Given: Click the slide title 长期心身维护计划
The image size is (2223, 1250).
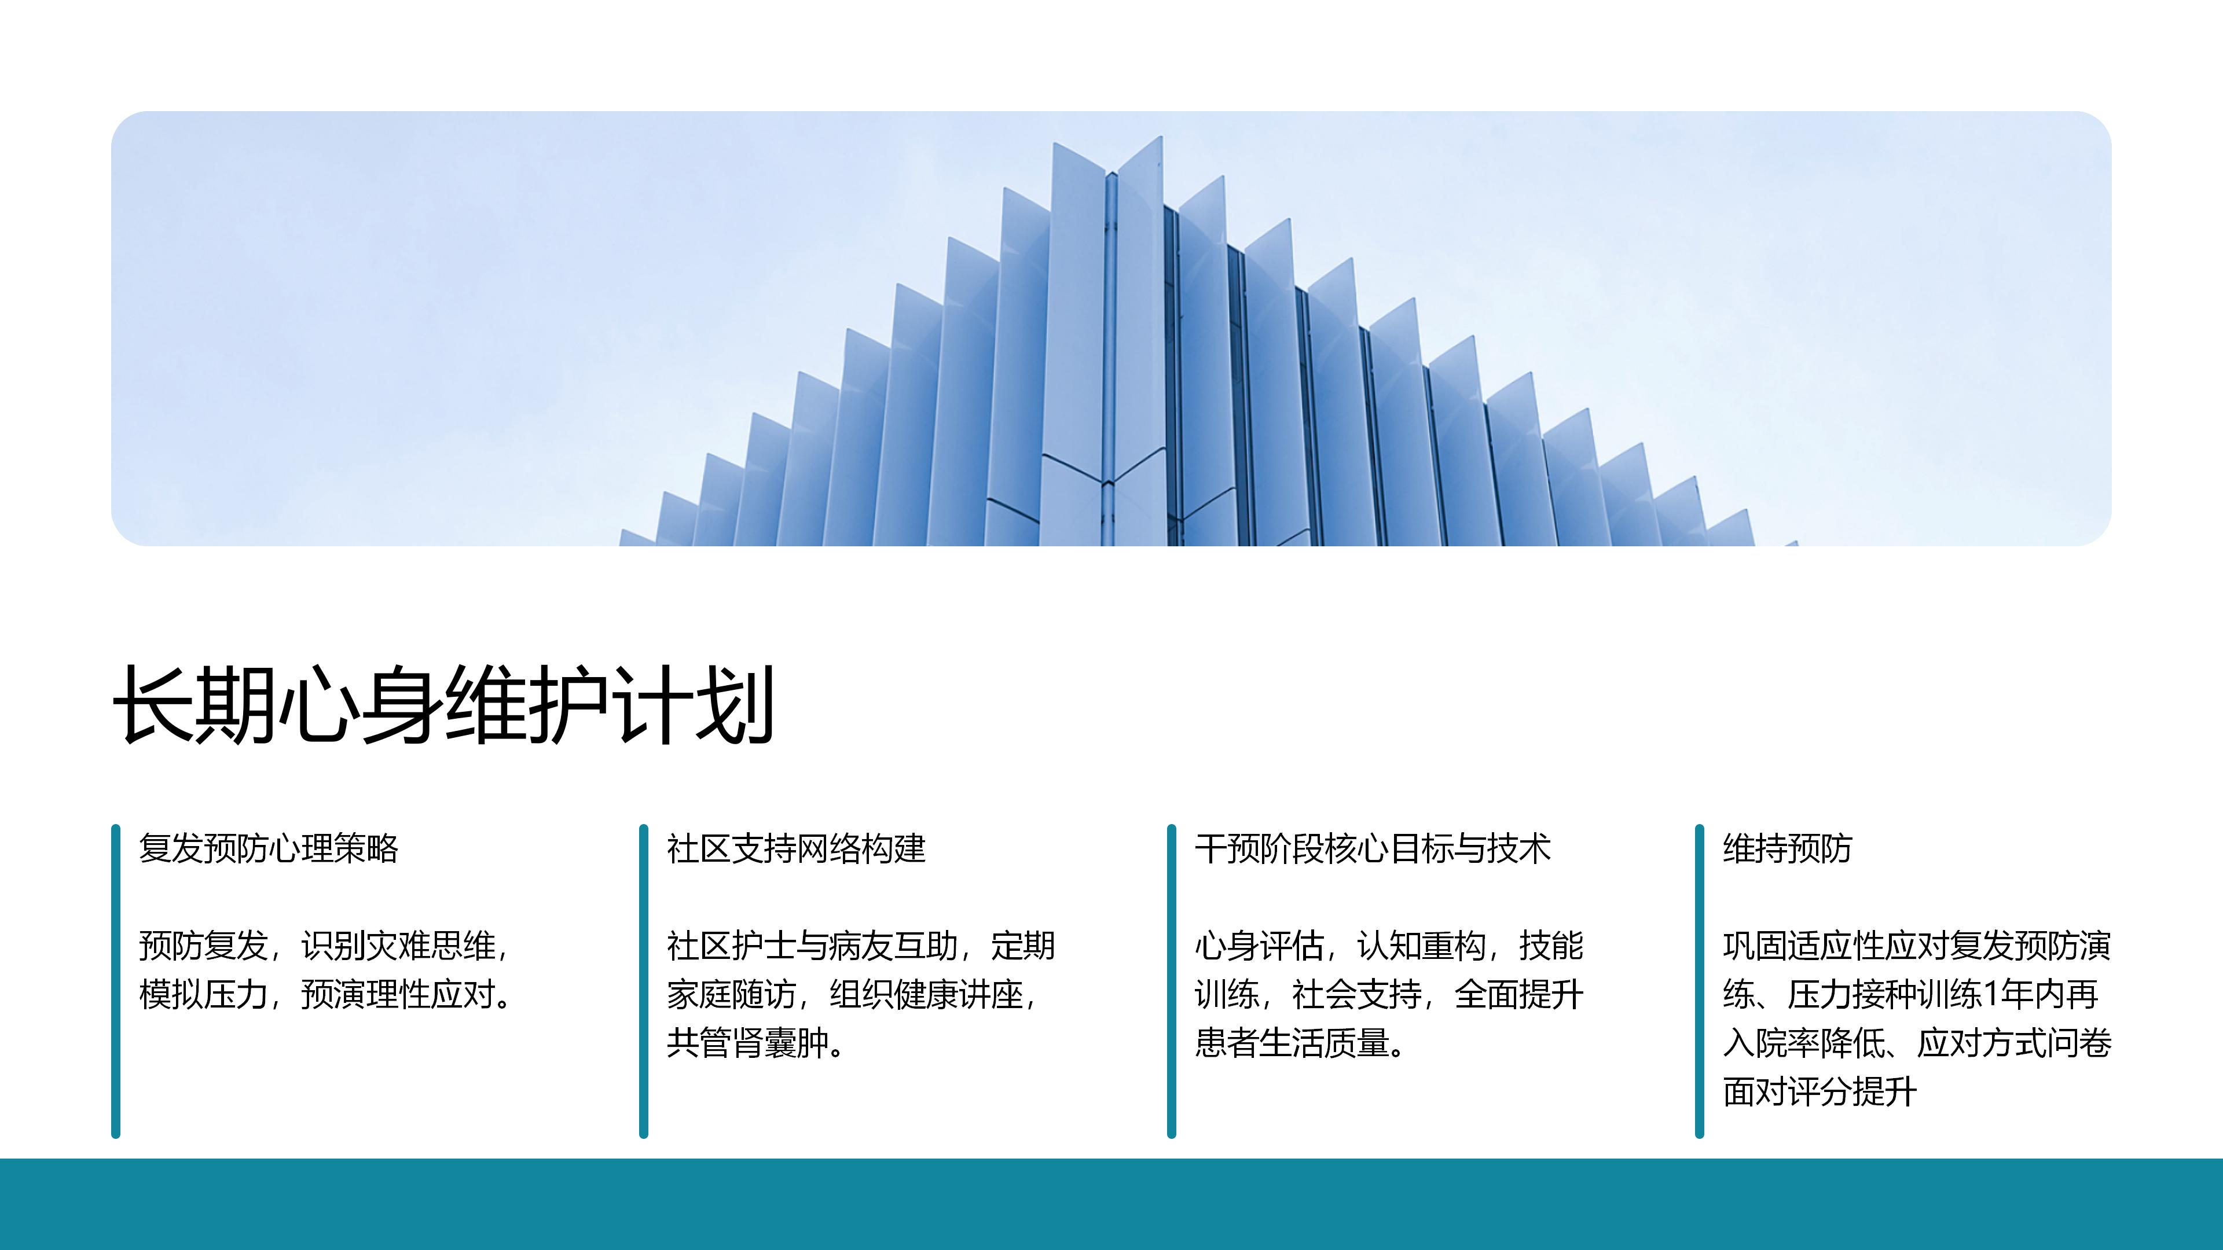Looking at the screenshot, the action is (443, 705).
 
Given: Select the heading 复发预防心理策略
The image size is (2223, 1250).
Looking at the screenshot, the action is (269, 849).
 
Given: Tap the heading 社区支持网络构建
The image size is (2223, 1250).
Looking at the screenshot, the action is (795, 849).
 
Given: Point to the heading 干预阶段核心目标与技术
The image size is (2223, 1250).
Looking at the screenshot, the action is (1372, 849).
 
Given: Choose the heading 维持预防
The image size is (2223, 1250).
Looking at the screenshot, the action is (1787, 849).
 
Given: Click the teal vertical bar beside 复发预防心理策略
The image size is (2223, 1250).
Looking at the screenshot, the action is (116, 981).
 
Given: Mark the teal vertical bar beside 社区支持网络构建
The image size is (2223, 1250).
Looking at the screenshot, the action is (643, 981).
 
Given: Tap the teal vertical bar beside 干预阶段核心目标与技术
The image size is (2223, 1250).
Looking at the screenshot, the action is (1171, 981).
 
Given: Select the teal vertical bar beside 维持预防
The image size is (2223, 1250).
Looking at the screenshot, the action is (1699, 981).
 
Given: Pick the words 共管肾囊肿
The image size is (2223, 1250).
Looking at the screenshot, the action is (747, 1043).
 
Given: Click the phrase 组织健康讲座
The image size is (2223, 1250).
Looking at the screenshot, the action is (926, 995).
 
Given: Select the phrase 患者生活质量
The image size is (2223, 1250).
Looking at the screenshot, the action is (1292, 1043).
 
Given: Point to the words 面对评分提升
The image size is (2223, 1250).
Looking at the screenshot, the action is (1820, 1092).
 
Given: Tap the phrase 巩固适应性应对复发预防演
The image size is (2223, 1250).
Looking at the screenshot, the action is (1917, 946).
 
